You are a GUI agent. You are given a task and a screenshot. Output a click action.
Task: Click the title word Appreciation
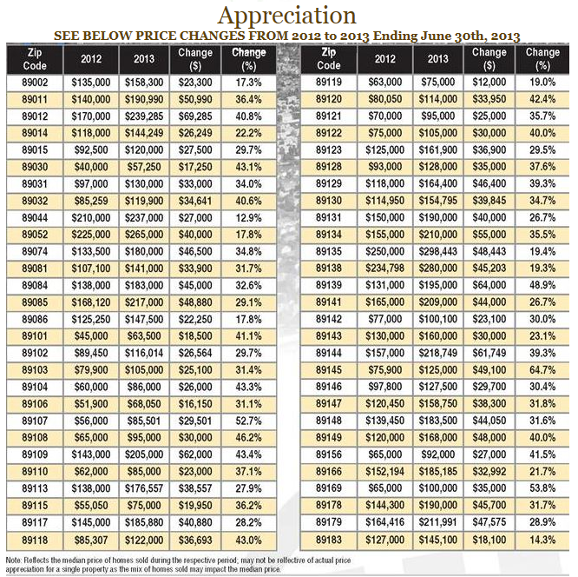[x=286, y=16]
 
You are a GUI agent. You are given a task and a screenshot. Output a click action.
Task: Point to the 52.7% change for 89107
[x=248, y=421]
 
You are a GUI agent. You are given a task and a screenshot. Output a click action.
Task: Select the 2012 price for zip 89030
[x=83, y=165]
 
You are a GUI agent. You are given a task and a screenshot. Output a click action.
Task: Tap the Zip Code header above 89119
[x=329, y=58]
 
